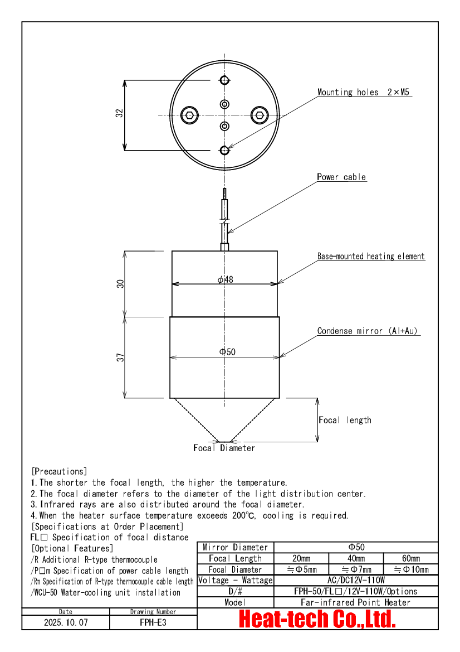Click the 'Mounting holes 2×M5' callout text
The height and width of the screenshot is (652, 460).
[x=363, y=92]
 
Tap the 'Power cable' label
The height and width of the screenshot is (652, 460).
[x=341, y=177]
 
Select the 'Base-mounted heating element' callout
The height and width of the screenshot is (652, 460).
[x=371, y=256]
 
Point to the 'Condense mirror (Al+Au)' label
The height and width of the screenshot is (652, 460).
[x=368, y=331]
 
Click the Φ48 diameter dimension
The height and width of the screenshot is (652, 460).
[x=226, y=279]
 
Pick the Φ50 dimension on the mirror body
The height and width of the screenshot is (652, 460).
[x=228, y=352]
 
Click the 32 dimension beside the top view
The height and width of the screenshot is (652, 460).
[x=120, y=113]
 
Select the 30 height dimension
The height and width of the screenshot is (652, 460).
[x=120, y=283]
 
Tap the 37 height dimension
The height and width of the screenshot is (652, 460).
[x=120, y=357]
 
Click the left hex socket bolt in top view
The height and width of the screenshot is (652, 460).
[x=190, y=115]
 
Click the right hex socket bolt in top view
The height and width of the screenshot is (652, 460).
[x=260, y=115]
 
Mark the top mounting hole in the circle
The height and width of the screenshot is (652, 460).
[x=224, y=80]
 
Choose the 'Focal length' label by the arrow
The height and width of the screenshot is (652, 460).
[x=345, y=420]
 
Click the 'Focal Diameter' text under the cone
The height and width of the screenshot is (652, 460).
[x=224, y=448]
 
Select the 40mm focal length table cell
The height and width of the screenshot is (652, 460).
[x=356, y=558]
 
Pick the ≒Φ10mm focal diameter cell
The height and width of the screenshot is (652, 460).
[x=411, y=569]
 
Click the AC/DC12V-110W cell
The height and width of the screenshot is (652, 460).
[x=356, y=580]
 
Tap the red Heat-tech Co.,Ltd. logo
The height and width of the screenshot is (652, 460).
[x=317, y=619]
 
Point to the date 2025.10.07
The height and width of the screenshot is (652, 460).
[x=66, y=622]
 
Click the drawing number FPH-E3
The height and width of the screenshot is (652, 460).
[x=153, y=622]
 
